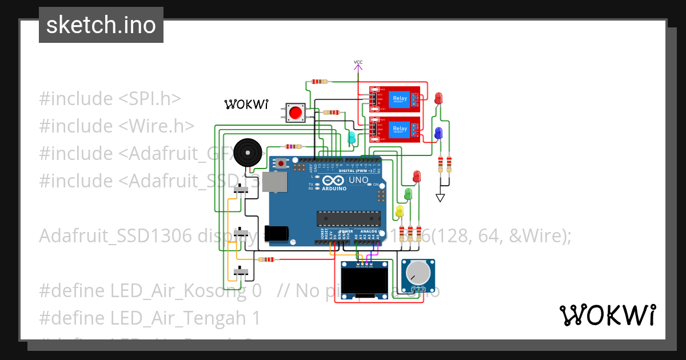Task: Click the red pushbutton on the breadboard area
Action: tap(296, 112)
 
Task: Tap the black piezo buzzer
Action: tap(248, 152)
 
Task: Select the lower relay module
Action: tap(394, 129)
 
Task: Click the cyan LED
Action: tap(352, 138)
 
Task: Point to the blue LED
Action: tap(438, 133)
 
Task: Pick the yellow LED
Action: tap(400, 211)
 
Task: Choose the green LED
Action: tap(408, 194)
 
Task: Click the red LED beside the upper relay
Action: tap(438, 98)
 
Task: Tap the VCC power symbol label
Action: tap(358, 62)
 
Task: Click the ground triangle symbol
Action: tap(440, 198)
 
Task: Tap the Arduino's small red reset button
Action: tap(281, 163)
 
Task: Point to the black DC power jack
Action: tap(279, 233)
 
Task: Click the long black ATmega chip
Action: tap(349, 219)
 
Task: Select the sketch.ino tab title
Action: tap(101, 25)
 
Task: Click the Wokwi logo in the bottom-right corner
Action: tap(607, 315)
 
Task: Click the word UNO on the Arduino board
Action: tap(358, 180)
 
